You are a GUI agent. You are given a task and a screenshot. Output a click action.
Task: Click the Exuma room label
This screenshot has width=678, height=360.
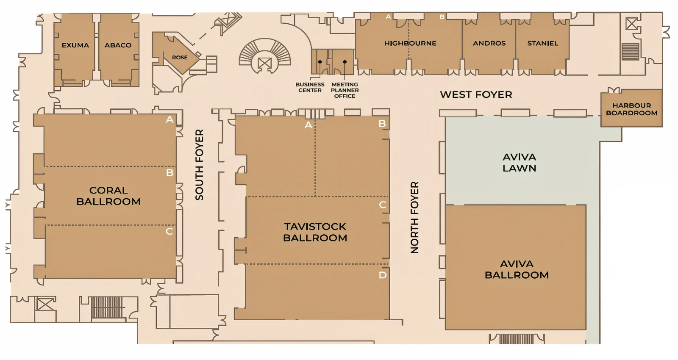pos(75,45)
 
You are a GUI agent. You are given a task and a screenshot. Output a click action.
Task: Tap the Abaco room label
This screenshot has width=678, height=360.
pos(118,45)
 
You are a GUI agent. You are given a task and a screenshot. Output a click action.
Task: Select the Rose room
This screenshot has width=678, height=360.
pos(180,58)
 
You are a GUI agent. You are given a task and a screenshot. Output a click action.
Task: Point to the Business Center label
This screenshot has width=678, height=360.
pos(310,87)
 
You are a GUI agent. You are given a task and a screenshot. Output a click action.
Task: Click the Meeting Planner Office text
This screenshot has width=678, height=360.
pos(345,90)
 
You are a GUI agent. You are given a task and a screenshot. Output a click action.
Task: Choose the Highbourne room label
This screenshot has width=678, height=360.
pos(410,43)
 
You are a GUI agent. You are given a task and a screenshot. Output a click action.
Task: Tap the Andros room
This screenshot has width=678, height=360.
pos(489,43)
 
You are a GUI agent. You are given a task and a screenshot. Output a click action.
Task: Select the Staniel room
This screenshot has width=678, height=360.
pos(542,43)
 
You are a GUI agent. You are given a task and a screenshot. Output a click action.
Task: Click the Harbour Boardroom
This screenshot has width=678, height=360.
pos(631,109)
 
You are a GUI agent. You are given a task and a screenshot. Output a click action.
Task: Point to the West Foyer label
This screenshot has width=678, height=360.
pos(476,94)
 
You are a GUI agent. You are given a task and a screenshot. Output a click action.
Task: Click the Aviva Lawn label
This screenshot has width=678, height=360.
pos(519,163)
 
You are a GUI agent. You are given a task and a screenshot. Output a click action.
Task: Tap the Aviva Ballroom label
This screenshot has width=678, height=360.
pos(517,269)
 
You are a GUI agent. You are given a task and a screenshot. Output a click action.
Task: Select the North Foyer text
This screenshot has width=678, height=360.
pos(414,218)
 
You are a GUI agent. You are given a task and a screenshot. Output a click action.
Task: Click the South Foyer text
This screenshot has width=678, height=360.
pos(199,165)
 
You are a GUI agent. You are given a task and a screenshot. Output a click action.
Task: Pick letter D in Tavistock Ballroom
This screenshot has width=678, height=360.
pos(382,275)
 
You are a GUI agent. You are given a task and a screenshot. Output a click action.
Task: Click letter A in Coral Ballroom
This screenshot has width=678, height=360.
pos(169,120)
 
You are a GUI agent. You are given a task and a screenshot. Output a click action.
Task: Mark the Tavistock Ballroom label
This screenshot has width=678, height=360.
pos(315,232)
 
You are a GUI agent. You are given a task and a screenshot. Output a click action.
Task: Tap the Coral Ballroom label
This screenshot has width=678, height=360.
pos(108,196)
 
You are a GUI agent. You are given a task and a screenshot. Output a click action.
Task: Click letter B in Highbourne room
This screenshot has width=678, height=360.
pos(442,17)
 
